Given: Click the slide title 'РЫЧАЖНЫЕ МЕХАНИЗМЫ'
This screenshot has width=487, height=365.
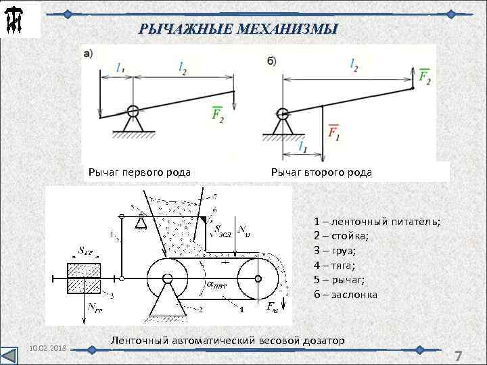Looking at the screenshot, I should [x=237, y=29].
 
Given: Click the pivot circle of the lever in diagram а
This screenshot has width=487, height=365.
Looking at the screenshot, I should [x=133, y=110].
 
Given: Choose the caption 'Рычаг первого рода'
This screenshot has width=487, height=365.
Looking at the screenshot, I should [x=139, y=172].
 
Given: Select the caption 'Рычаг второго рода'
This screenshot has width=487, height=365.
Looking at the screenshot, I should [x=321, y=172].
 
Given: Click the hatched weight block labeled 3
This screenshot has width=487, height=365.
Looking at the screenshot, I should [x=83, y=278].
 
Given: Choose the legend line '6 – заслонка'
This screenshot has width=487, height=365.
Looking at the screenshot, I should [x=346, y=295].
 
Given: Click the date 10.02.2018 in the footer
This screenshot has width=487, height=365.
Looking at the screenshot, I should [x=47, y=347].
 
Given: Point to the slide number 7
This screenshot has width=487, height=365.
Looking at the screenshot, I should [x=458, y=356].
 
